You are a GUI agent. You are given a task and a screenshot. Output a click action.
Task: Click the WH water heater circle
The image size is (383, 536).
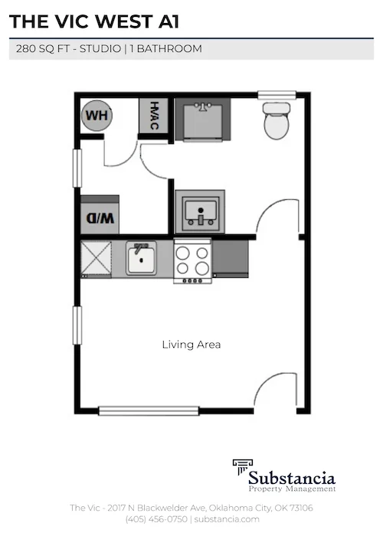pyautogui.click(x=96, y=116)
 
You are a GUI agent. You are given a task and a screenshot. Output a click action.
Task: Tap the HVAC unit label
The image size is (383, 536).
pyautogui.click(x=153, y=116)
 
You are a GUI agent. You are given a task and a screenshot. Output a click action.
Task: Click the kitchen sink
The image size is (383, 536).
pyautogui.click(x=141, y=259)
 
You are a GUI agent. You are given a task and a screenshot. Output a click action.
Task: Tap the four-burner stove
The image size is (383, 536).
pyautogui.click(x=192, y=260)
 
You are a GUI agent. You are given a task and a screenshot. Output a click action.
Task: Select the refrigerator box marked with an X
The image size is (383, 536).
pyautogui.click(x=98, y=259)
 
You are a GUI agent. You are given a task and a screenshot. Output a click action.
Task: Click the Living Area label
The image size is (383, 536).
pyautogui.click(x=191, y=345)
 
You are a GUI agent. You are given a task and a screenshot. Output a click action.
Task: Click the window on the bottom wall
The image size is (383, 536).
pyautogui.click(x=149, y=411)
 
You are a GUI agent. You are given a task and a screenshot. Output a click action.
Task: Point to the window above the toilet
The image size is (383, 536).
pyautogui.click(x=277, y=95)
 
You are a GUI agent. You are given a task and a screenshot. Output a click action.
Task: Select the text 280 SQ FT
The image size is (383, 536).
pyautogui.click(x=43, y=49)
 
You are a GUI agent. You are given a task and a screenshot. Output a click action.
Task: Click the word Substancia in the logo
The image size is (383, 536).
pyautogui.click(x=296, y=472)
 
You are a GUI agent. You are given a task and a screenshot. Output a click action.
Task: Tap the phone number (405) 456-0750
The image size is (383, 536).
pyautogui.click(x=156, y=519)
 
